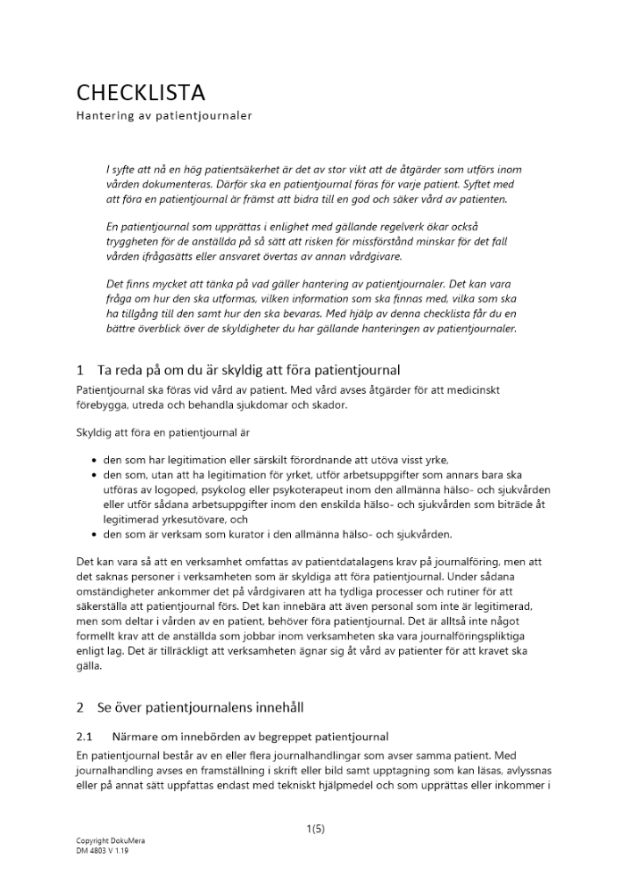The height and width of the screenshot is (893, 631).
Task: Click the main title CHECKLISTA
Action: (140, 92)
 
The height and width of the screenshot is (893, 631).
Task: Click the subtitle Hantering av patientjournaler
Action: (163, 115)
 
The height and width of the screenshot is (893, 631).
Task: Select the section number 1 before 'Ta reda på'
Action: (80, 370)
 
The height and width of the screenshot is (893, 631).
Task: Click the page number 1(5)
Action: (315, 829)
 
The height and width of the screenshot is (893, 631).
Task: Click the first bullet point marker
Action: (95, 460)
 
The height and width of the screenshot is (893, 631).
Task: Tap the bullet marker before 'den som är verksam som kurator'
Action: (95, 535)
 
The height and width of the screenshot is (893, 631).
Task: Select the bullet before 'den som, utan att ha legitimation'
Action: (95, 475)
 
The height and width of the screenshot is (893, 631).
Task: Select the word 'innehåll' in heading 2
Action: (277, 708)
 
